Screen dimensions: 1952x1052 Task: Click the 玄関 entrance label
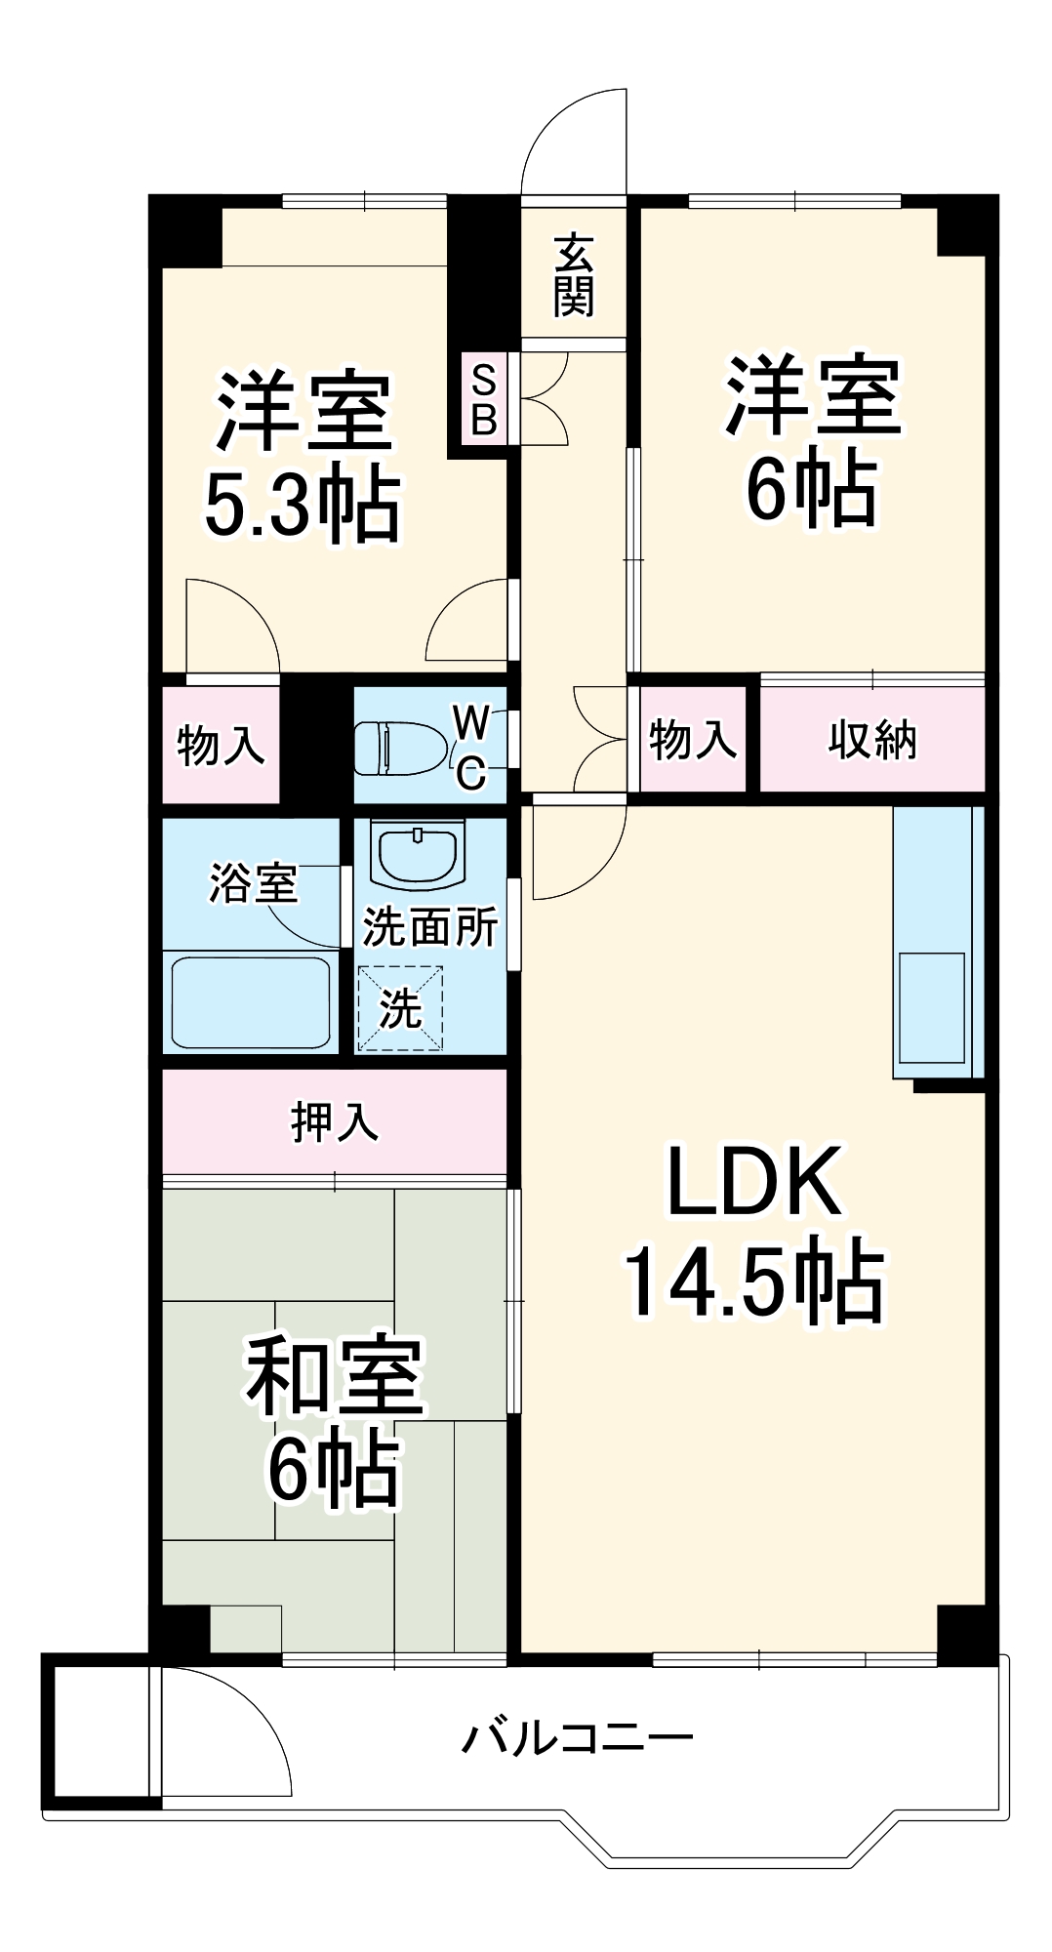(x=574, y=276)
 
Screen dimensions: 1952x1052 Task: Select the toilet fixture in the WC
(x=400, y=747)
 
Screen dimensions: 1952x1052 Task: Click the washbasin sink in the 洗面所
(x=419, y=856)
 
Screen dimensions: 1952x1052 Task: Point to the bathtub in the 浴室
(x=251, y=1002)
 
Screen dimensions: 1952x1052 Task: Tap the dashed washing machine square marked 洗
(x=400, y=1008)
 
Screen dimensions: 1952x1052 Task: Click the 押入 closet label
(x=334, y=1122)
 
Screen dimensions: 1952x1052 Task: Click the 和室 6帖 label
(x=334, y=1420)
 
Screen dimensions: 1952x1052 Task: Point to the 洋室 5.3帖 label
(x=303, y=457)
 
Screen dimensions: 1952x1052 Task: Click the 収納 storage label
(x=872, y=740)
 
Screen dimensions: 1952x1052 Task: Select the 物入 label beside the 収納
(x=692, y=740)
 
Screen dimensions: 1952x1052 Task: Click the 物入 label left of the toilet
(x=221, y=746)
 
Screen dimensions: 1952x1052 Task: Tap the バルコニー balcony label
(x=578, y=1738)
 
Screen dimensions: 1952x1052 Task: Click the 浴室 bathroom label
(x=253, y=883)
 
